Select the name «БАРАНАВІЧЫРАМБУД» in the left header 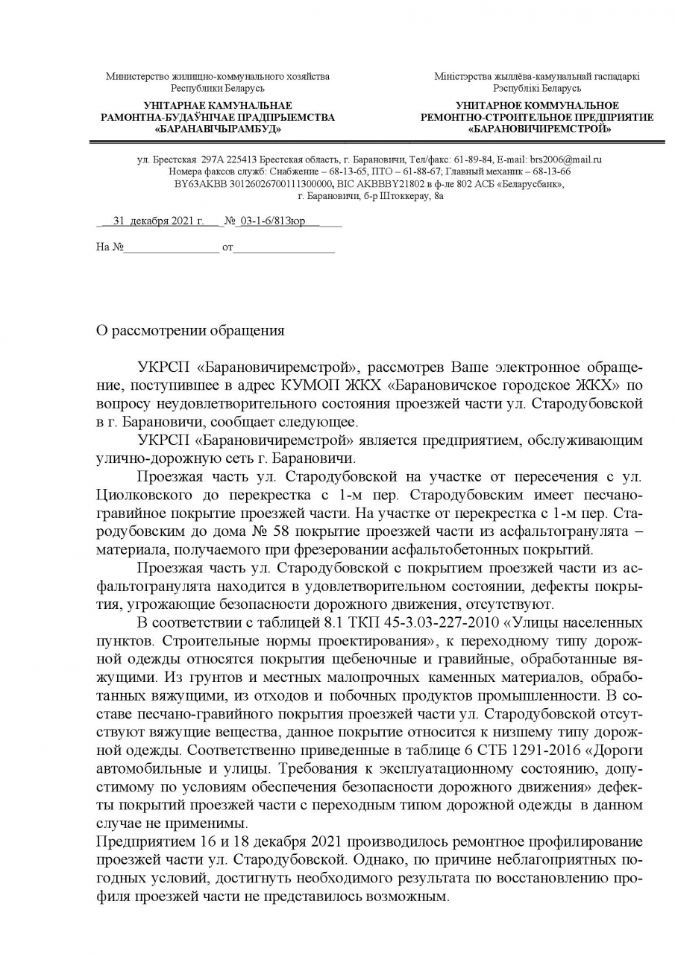pyautogui.click(x=218, y=129)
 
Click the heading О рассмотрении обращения pyautogui.click(x=190, y=329)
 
